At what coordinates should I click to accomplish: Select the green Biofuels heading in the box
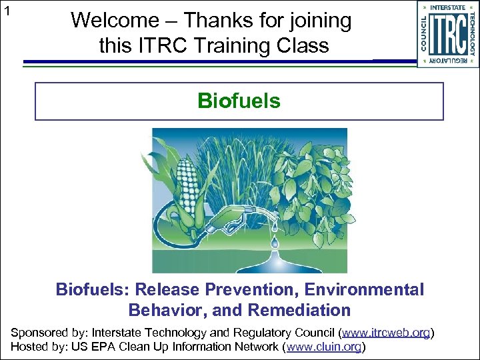(239, 101)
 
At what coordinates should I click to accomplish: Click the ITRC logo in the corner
(447, 34)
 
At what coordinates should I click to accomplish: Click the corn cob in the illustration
(188, 181)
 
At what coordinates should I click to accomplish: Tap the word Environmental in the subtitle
(360, 290)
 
